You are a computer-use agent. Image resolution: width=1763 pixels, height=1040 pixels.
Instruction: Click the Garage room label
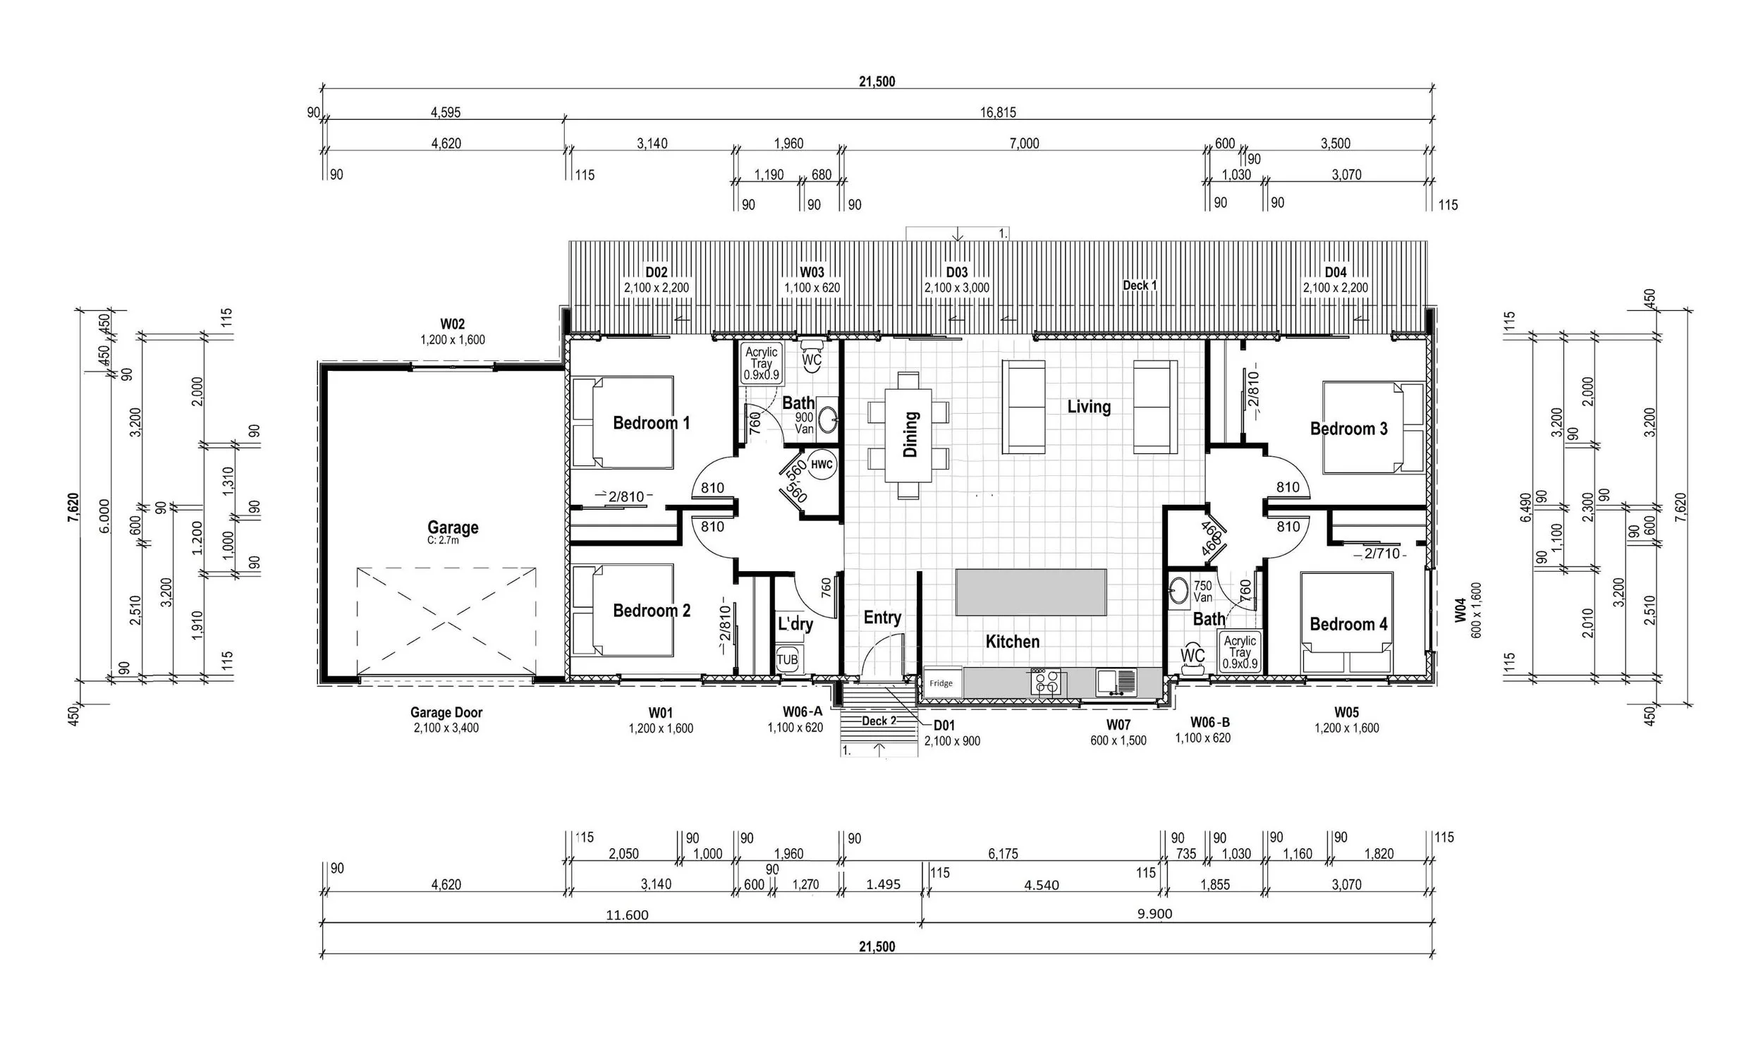point(453,527)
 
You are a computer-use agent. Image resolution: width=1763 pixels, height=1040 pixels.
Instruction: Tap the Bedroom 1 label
point(651,423)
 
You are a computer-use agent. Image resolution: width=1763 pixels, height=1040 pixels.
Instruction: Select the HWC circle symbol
point(822,465)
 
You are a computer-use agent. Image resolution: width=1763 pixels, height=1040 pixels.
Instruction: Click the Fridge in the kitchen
point(943,683)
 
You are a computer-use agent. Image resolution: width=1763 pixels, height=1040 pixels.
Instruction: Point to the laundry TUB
point(787,660)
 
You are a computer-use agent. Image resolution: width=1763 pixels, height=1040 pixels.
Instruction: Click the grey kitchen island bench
point(1030,592)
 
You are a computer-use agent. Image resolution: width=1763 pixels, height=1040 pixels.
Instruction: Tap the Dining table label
point(910,434)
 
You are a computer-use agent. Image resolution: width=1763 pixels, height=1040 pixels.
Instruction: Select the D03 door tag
point(956,272)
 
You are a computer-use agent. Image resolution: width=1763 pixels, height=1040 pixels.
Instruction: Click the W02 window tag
point(453,324)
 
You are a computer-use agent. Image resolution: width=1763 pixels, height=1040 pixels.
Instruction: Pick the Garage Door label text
point(446,713)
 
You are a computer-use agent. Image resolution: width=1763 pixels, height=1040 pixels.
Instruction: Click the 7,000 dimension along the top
point(1024,144)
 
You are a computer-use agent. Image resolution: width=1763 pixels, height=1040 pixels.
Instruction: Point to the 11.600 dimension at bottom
point(627,915)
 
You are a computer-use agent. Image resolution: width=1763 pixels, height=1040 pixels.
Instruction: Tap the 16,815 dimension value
point(998,112)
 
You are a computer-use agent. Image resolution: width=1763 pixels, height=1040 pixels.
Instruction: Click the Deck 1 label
point(1140,286)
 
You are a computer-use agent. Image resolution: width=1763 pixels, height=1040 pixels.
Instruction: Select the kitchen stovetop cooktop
point(1044,683)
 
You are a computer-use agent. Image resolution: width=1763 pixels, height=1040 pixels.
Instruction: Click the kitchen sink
point(1116,682)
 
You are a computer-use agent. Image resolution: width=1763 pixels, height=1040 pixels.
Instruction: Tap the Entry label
point(882,618)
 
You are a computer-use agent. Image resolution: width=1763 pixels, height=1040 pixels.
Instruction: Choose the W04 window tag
point(1460,610)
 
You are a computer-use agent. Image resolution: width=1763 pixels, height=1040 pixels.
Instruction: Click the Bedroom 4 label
point(1348,624)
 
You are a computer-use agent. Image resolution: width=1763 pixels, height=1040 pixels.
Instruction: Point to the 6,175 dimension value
point(1003,854)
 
